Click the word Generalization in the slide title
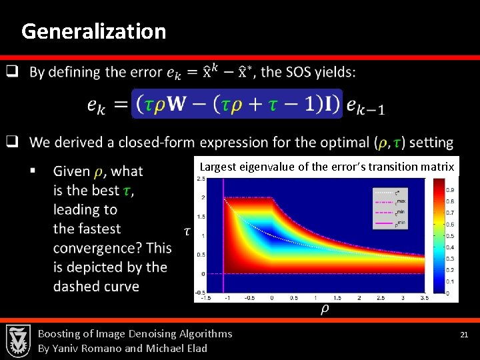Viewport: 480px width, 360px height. tap(93, 31)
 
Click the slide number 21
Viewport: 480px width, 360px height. tap(465, 334)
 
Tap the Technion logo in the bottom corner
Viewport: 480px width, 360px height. tap(18, 341)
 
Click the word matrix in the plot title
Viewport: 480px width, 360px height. tap(439, 167)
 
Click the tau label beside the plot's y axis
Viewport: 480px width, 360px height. tap(187, 231)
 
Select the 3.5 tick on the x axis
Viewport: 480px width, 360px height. tap(425, 298)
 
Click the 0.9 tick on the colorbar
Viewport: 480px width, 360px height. tap(451, 191)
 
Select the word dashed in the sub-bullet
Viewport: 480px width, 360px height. tap(77, 286)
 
